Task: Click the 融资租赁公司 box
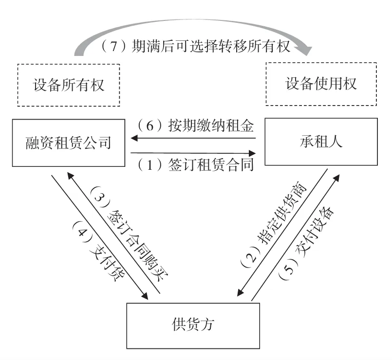[68, 143]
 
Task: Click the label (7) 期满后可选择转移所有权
[195, 47]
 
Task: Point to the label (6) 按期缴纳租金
[195, 126]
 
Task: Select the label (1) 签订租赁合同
[195, 165]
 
